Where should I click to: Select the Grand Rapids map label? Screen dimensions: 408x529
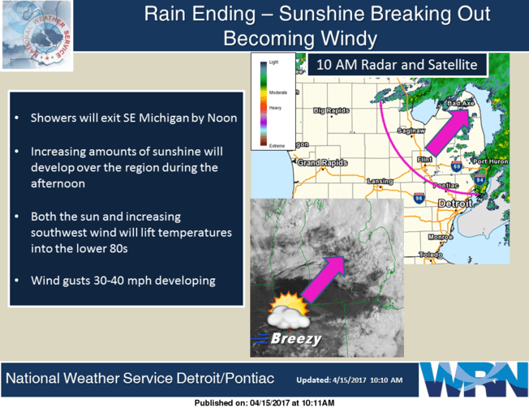tap(318, 163)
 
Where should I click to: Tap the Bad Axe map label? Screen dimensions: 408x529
tap(459, 104)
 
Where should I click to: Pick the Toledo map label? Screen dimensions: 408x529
tap(428, 254)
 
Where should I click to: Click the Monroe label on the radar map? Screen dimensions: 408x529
tap(440, 236)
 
